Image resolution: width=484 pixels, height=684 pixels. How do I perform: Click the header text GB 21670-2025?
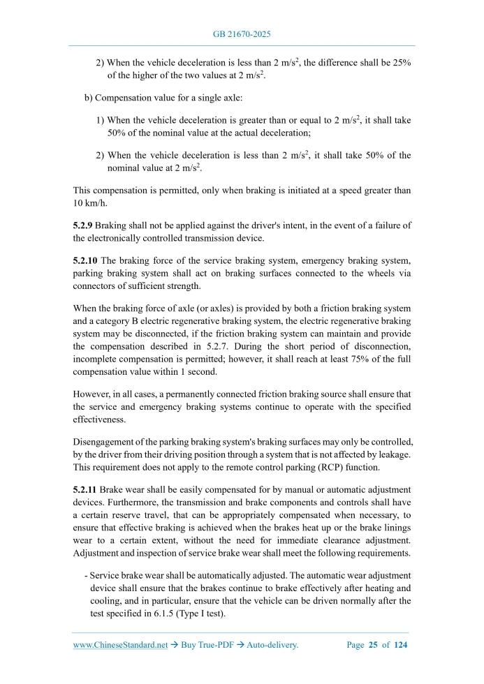pos(242,34)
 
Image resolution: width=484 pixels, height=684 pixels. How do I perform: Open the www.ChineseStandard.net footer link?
pos(120,646)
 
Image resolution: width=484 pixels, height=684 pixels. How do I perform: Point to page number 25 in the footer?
pos(373,646)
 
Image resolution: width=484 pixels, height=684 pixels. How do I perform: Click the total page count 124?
pos(401,646)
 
